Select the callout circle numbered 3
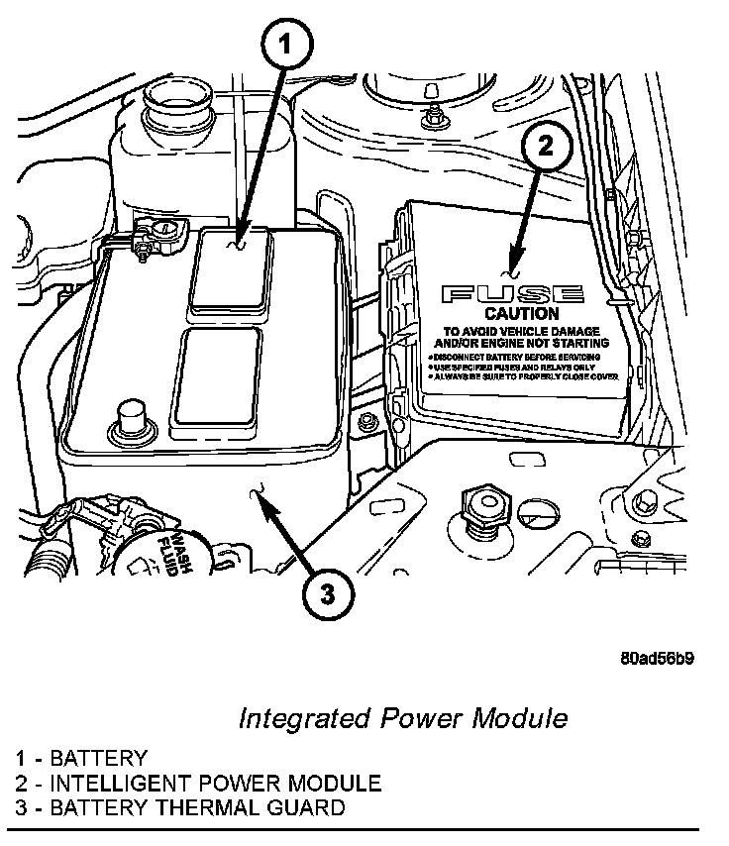pos(328,595)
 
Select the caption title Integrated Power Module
pos(403,717)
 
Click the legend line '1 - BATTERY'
pos(81,759)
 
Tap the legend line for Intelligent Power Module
pos(198,784)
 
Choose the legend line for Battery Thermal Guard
pos(180,807)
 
